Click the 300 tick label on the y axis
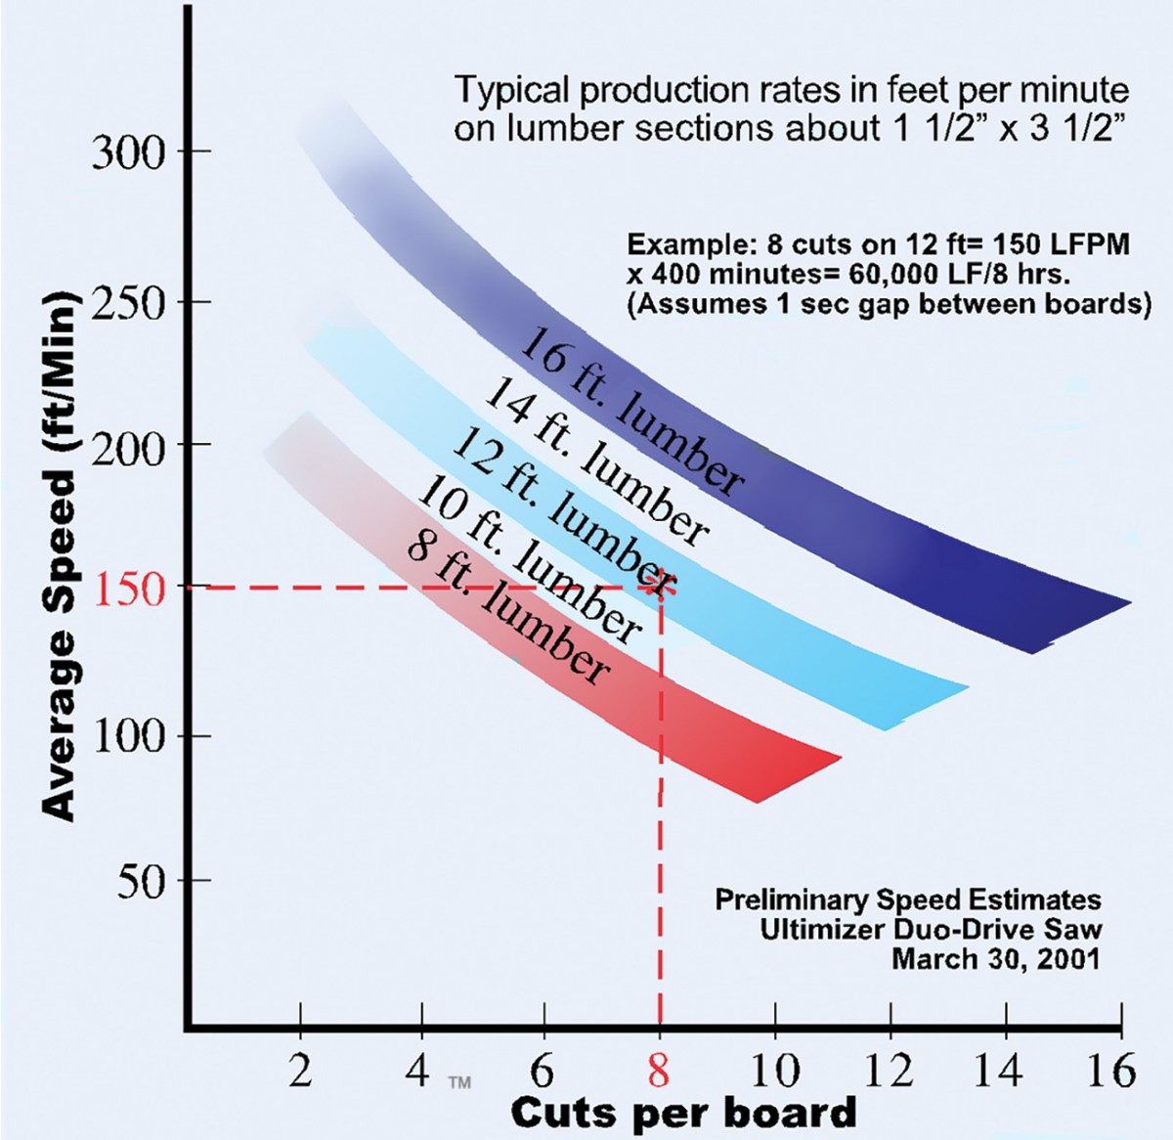coord(129,153)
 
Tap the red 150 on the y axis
coord(129,589)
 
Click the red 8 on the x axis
coord(660,1070)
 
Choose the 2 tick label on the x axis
coord(300,1070)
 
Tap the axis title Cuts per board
coord(683,1113)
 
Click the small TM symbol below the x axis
coord(458,1081)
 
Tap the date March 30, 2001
coord(995,958)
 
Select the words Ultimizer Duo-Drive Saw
coord(931,929)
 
